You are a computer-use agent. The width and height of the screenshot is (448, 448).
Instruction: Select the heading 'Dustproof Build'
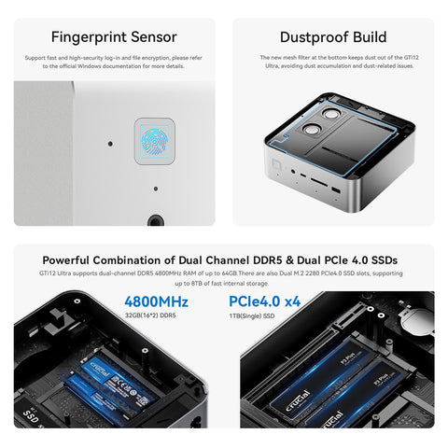click(332, 37)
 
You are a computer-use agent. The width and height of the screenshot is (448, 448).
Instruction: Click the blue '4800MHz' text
click(157, 302)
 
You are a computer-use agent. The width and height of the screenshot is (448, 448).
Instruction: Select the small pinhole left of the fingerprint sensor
click(108, 145)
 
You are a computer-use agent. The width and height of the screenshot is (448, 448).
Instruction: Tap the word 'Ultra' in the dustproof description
click(271, 65)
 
